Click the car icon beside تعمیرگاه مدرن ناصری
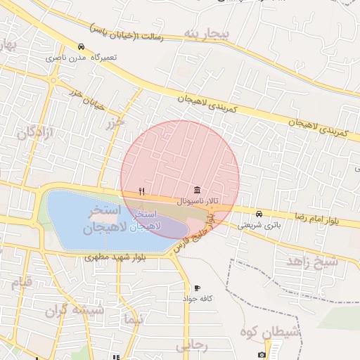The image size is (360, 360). [x=82, y=47]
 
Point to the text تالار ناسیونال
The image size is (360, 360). [x=196, y=201]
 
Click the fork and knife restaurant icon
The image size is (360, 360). [x=141, y=191]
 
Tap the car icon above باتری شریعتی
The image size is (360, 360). [x=259, y=214]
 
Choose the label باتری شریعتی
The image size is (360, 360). [x=259, y=225]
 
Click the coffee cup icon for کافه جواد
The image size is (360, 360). [x=197, y=288]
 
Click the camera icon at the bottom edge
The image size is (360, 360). [x=262, y=355]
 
